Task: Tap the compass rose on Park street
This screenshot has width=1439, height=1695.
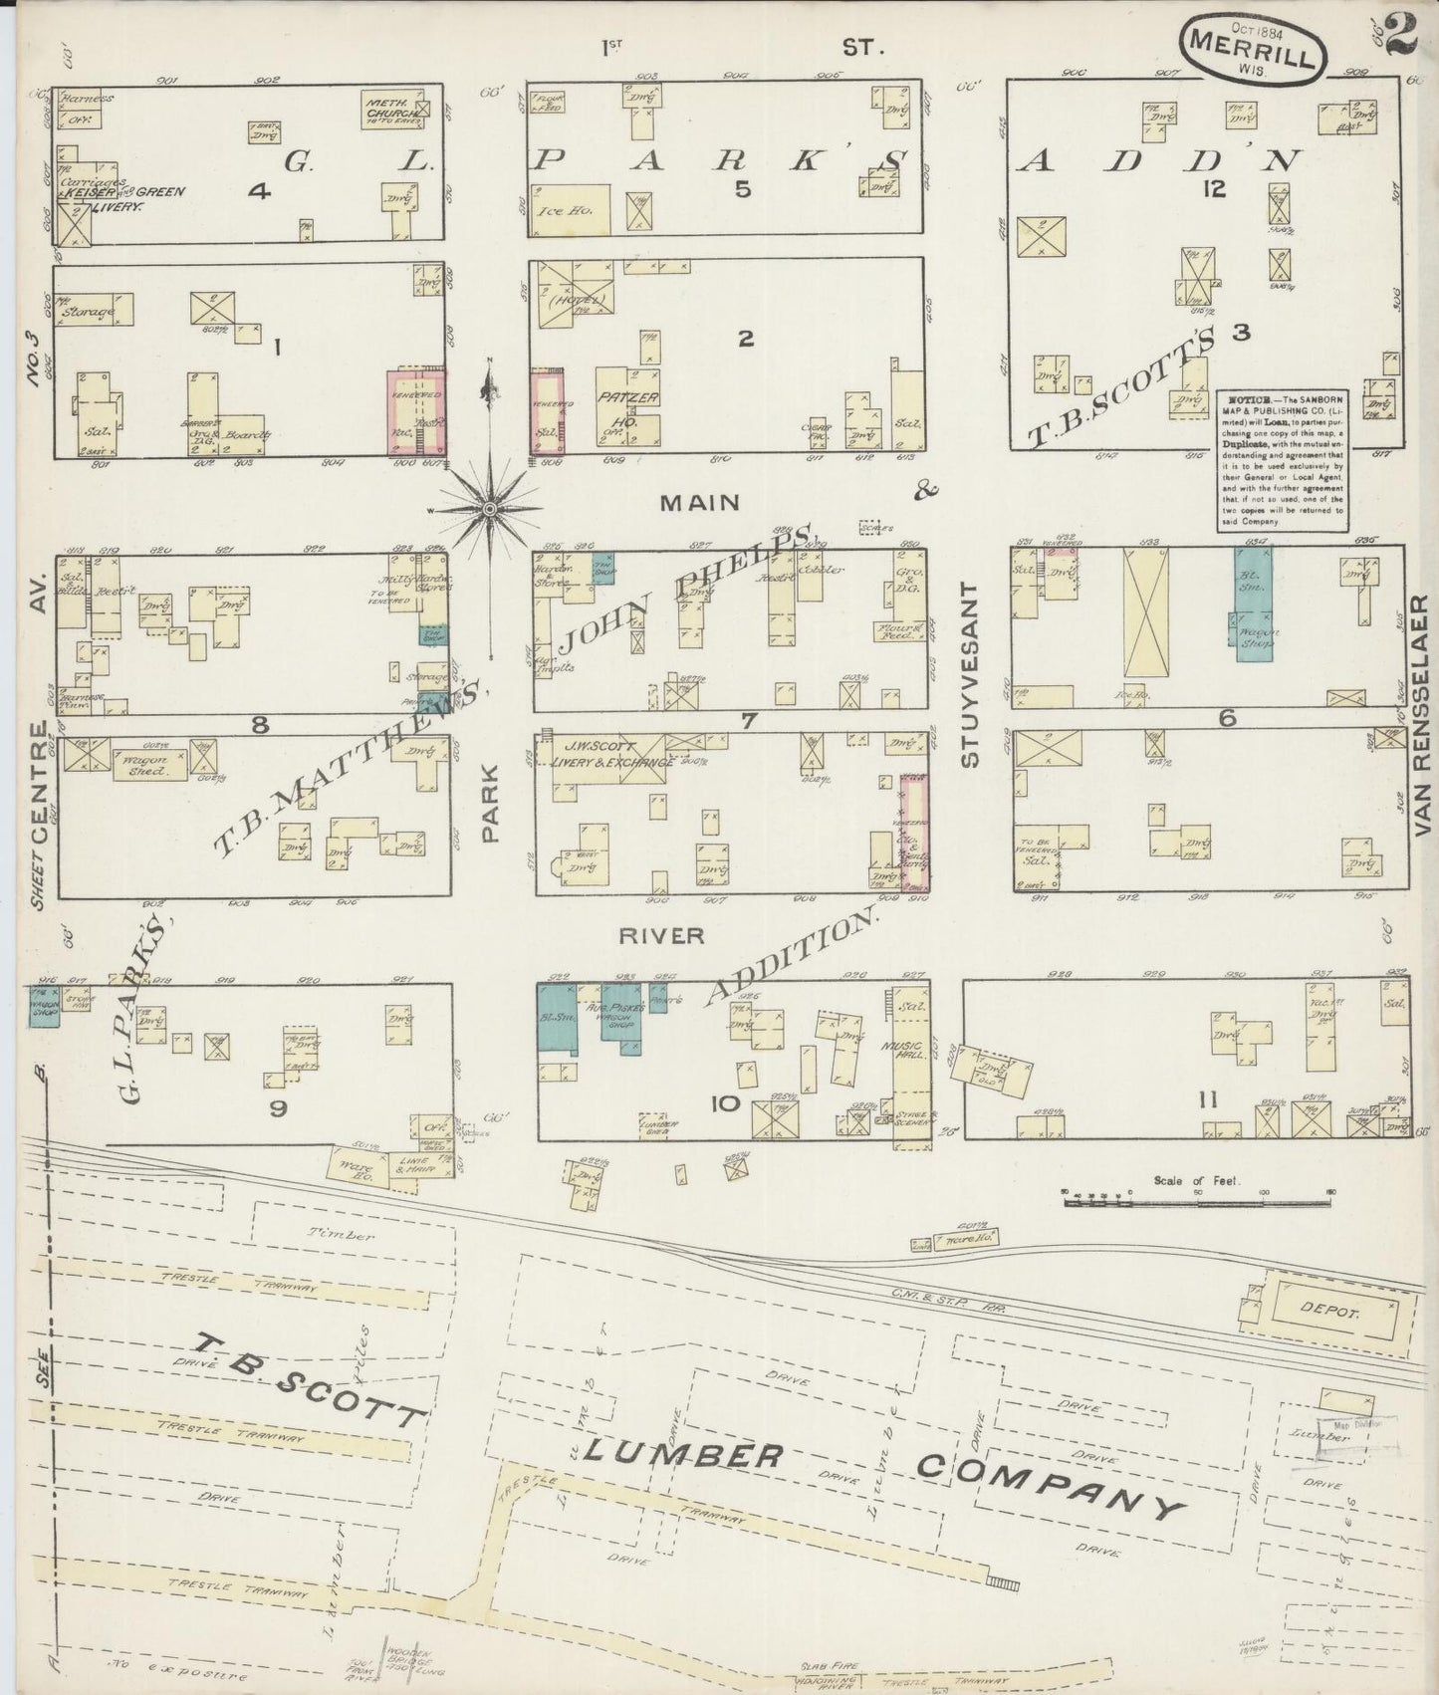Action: pos(489,509)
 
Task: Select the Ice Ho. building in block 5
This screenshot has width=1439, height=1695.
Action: pos(574,209)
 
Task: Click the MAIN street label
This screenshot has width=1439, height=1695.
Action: pos(700,503)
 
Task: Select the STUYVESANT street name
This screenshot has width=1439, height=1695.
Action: pos(970,674)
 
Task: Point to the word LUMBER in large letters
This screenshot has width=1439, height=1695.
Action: pos(681,1455)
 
